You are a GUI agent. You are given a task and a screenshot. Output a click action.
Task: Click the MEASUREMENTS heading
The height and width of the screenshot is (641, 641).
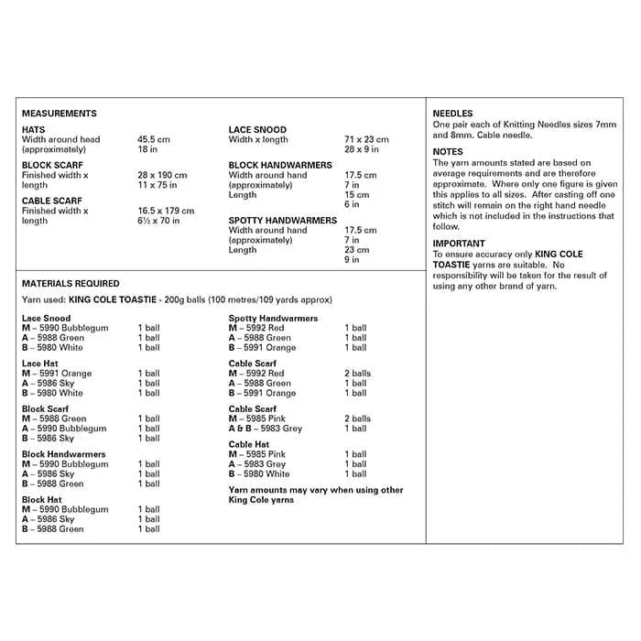[x=59, y=114]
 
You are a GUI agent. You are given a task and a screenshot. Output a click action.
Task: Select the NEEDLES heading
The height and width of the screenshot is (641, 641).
[x=452, y=114]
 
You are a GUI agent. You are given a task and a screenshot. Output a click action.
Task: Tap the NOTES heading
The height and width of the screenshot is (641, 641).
[x=448, y=152]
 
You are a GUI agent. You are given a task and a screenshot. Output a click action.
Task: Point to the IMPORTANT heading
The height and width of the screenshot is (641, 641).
[x=460, y=244]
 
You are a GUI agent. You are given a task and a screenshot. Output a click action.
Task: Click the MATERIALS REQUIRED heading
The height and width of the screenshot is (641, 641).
[x=71, y=284]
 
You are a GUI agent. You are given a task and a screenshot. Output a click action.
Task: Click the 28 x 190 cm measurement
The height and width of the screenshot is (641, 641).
[x=162, y=175]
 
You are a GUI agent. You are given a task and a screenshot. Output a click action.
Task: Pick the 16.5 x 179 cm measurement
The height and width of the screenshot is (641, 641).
[x=166, y=211]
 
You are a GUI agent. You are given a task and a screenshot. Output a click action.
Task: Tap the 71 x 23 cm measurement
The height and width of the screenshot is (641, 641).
[x=366, y=140]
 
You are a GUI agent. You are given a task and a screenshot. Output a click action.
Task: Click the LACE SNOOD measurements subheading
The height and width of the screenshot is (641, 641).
[x=257, y=130]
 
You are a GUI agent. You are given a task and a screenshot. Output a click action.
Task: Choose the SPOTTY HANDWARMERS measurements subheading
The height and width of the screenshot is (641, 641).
[x=282, y=221]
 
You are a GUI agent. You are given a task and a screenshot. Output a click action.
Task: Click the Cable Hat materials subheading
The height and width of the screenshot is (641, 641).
[x=249, y=445]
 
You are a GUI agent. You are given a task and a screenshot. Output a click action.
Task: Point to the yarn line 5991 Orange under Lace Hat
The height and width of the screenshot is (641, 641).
[x=57, y=374]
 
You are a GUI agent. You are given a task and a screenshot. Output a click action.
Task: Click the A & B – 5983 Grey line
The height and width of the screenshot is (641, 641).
[x=266, y=429]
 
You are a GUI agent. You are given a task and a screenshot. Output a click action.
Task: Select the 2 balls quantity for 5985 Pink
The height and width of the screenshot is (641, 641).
[x=358, y=418]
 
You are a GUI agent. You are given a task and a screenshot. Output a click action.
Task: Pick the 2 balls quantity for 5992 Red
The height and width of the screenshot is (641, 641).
[x=358, y=374]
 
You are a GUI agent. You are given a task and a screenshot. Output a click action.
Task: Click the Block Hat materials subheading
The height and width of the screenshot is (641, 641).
[x=41, y=500]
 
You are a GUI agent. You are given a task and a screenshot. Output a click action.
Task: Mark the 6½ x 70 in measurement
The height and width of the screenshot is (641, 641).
[x=158, y=221]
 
